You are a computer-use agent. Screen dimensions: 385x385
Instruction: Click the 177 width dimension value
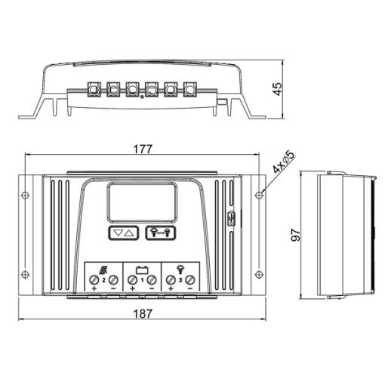(x=143, y=149)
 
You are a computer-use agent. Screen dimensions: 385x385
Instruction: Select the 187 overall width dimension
(x=143, y=313)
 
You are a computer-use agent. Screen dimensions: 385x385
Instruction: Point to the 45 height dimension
(x=278, y=89)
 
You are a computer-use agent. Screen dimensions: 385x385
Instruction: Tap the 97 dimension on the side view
(x=295, y=235)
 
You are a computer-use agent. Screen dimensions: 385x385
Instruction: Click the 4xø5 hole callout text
(x=284, y=162)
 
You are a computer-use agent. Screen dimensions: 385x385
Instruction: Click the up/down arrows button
(x=123, y=233)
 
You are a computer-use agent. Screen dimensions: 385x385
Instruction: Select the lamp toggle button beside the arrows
(x=160, y=233)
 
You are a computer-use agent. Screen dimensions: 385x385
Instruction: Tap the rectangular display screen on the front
(x=142, y=202)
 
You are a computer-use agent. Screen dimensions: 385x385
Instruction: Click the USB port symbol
(x=231, y=218)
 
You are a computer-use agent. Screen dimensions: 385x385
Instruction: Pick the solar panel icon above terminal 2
(x=103, y=270)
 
